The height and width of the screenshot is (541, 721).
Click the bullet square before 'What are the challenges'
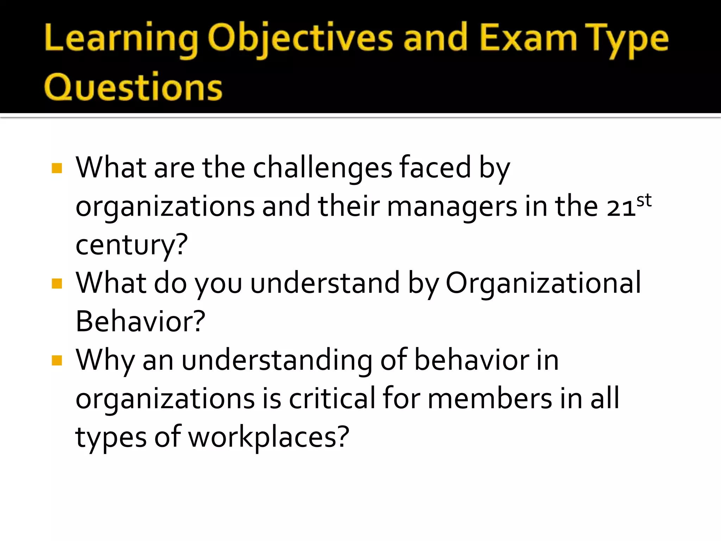57,168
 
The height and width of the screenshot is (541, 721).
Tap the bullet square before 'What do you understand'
57,283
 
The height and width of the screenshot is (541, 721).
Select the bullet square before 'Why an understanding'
57,360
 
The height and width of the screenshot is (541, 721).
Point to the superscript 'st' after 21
644,200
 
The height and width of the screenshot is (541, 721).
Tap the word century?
132,245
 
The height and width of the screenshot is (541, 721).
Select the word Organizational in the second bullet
543,283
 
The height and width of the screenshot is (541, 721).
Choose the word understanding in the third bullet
277,360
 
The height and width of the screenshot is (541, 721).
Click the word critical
332,399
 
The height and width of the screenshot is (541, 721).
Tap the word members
490,399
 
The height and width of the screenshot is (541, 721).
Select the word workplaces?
269,437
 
